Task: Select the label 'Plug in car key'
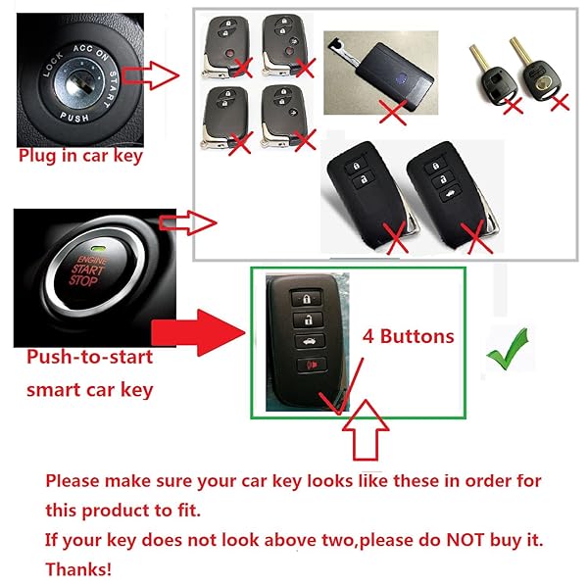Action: [x=80, y=156]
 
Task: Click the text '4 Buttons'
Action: [x=410, y=336]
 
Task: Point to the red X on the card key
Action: [x=394, y=114]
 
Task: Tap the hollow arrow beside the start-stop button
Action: [x=195, y=222]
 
